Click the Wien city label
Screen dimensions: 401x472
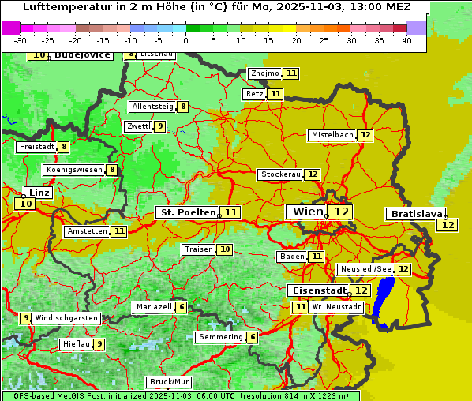pyautogui.click(x=308, y=212)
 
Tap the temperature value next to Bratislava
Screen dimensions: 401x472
pyautogui.click(x=448, y=225)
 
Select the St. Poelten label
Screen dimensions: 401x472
pyautogui.click(x=188, y=212)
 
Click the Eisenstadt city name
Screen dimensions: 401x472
pyautogui.click(x=317, y=290)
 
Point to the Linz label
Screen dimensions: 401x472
pyautogui.click(x=39, y=193)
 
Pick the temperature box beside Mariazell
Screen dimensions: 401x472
pyautogui.click(x=182, y=307)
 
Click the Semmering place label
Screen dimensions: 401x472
pyautogui.click(x=220, y=337)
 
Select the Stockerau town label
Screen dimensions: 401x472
pyautogui.click(x=280, y=174)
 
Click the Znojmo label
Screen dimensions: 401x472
pyautogui.click(x=264, y=73)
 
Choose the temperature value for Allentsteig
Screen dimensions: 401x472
pyautogui.click(x=182, y=107)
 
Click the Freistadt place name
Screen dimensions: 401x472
pyautogui.click(x=36, y=147)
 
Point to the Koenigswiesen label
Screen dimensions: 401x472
pyautogui.click(x=73, y=170)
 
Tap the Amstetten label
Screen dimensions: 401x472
pyautogui.click(x=87, y=231)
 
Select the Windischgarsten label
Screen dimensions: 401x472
pyautogui.click(x=66, y=318)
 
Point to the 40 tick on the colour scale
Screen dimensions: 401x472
pyautogui.click(x=406, y=39)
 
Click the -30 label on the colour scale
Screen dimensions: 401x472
pyautogui.click(x=21, y=39)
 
